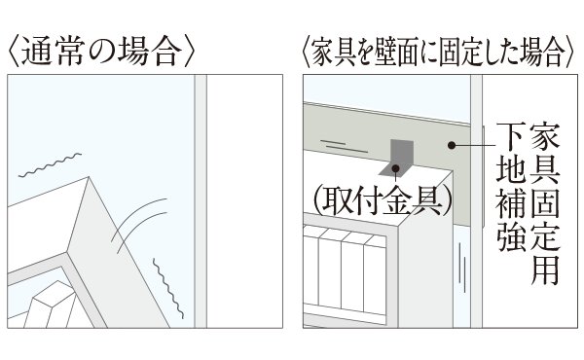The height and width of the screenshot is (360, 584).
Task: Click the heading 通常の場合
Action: point(101,53)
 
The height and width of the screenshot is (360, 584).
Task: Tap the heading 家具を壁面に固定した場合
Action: point(436,54)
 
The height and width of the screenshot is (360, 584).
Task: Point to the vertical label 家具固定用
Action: point(545,203)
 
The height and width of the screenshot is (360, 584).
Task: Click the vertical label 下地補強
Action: point(511,187)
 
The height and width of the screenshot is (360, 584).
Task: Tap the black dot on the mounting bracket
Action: point(395,168)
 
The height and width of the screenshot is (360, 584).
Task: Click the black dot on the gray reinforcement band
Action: point(452,145)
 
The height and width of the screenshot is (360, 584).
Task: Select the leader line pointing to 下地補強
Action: point(474,145)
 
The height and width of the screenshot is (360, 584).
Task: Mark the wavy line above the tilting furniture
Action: point(50,164)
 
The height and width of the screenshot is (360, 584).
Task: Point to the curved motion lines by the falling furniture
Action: point(139,225)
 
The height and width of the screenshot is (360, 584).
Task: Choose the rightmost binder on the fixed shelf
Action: point(375,274)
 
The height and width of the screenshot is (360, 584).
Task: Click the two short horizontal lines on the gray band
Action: point(344,146)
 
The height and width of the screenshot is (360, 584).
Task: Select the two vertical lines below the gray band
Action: point(462,268)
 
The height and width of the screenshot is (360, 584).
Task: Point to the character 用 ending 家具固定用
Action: point(545,270)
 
